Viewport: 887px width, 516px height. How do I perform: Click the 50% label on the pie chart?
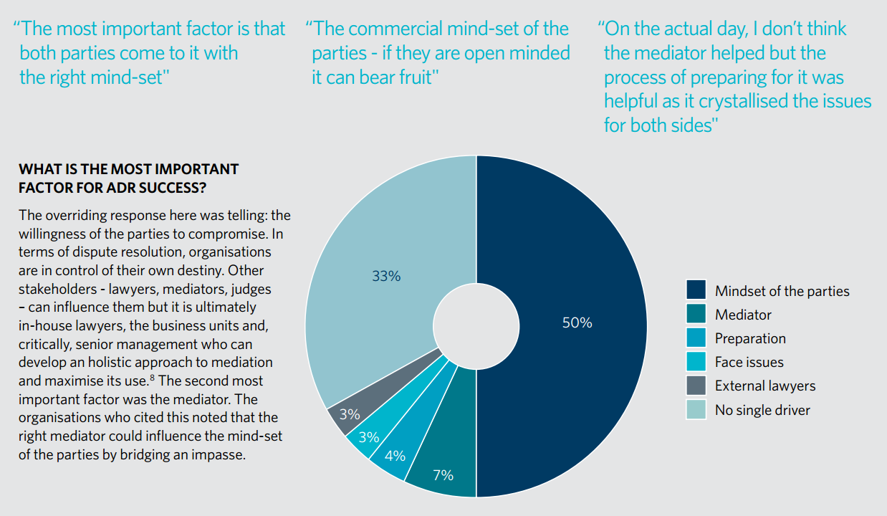[x=577, y=323]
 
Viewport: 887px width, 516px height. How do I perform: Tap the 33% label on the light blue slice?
[x=386, y=275]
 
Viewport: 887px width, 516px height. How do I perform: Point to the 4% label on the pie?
[x=395, y=456]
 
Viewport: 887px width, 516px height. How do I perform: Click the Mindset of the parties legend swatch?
[x=696, y=290]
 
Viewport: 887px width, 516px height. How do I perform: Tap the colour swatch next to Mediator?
[x=696, y=314]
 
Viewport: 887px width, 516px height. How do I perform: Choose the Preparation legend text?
[x=750, y=338]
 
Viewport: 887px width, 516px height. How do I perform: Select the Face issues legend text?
[x=749, y=362]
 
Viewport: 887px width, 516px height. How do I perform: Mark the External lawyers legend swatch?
[x=696, y=386]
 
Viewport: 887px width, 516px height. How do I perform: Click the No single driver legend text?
[x=762, y=410]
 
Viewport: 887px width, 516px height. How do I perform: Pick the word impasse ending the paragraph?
[x=222, y=454]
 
